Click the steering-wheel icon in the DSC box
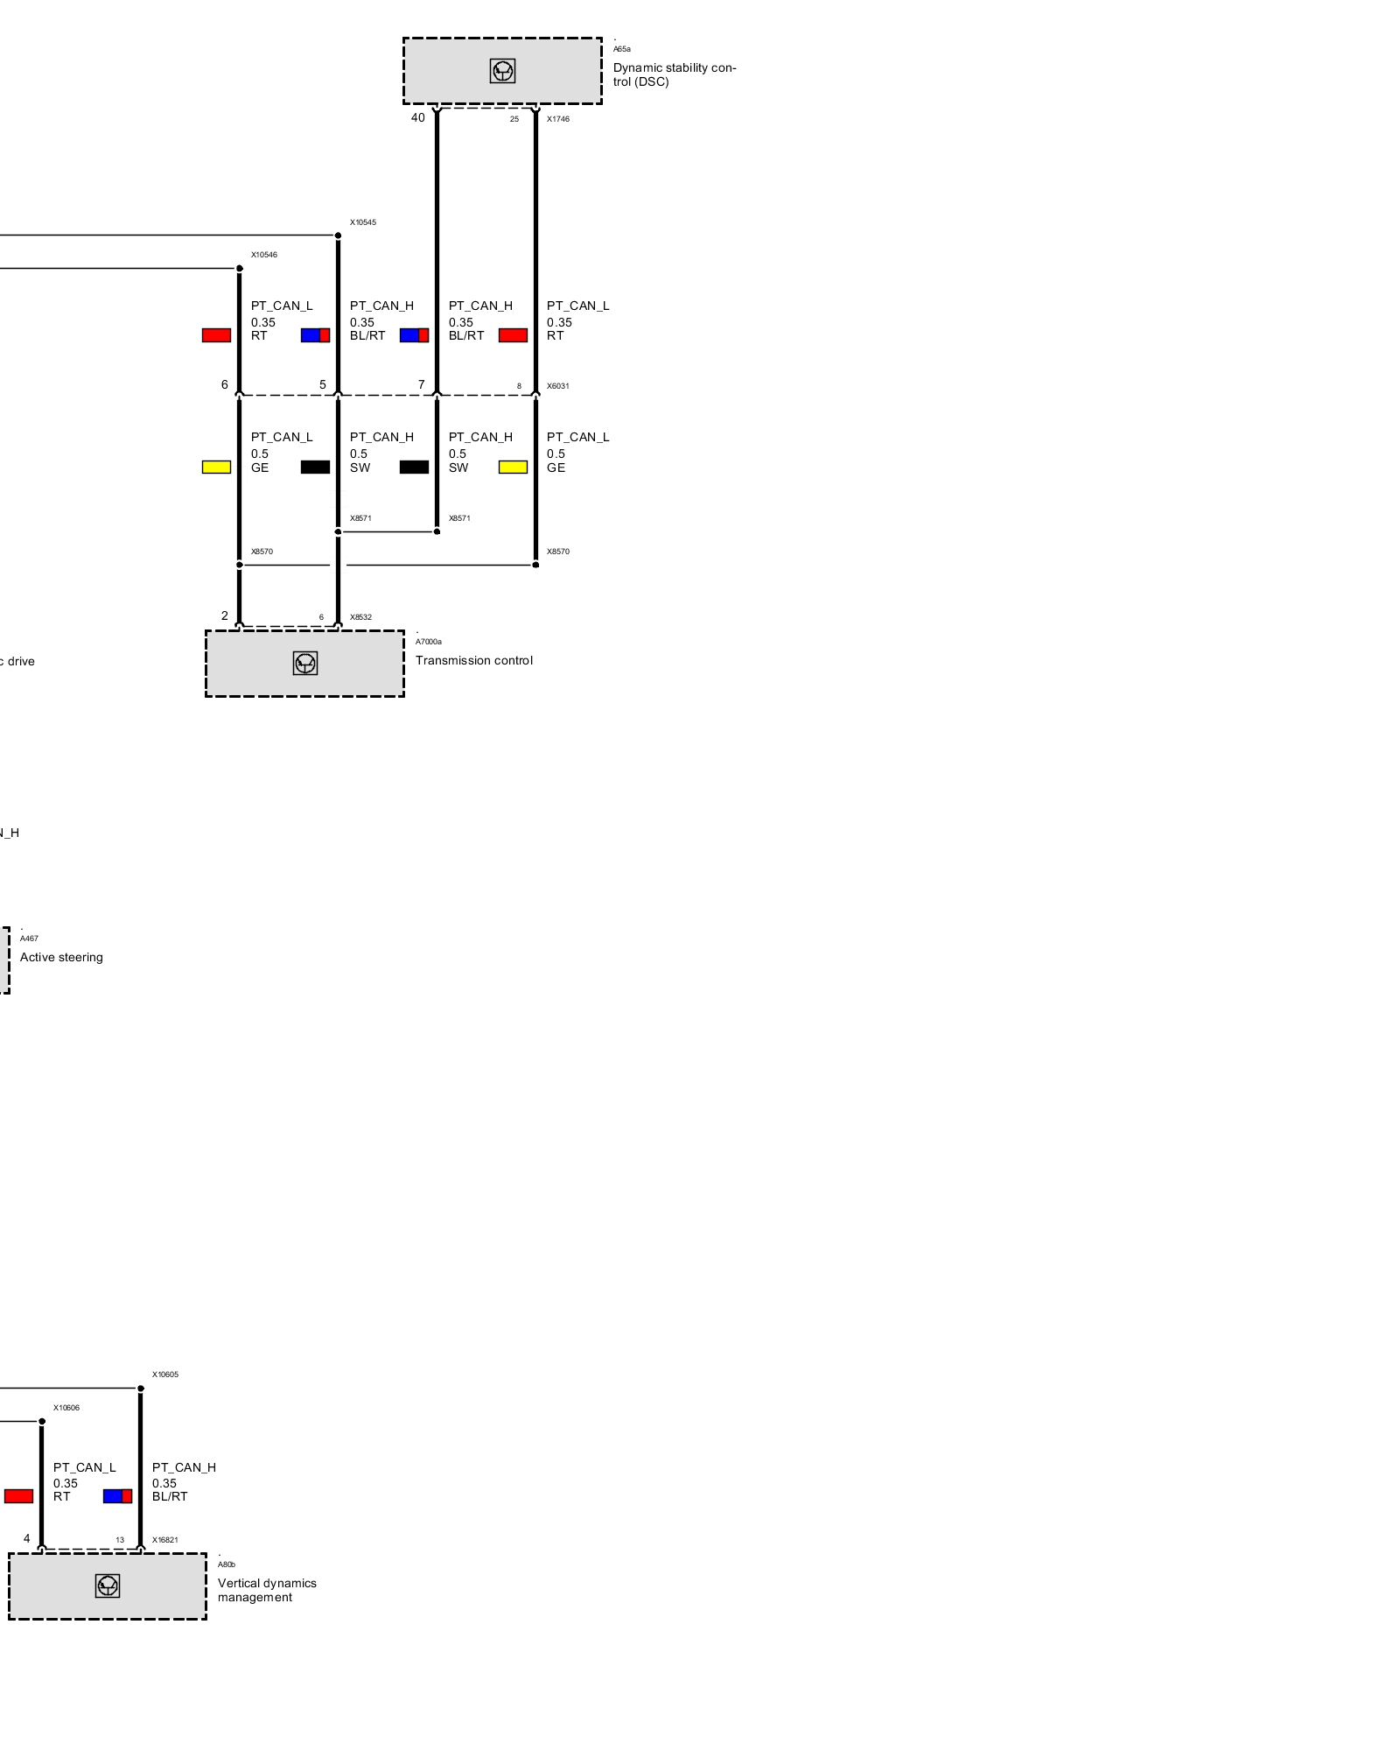pyautogui.click(x=502, y=71)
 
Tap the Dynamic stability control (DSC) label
pyautogui.click(x=674, y=74)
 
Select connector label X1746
pyautogui.click(x=557, y=119)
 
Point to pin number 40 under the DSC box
pyautogui.click(x=417, y=117)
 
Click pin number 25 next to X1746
pyautogui.click(x=514, y=119)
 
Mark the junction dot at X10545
pyautogui.click(x=338, y=236)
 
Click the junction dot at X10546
pyautogui.click(x=239, y=268)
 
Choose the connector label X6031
pyautogui.click(x=557, y=386)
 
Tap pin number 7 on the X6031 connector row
pyautogui.click(x=421, y=384)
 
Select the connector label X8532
pyautogui.click(x=360, y=617)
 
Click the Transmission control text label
pyautogui.click(x=473, y=660)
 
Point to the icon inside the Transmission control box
pyautogui.click(x=304, y=663)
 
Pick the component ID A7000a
pyautogui.click(x=428, y=642)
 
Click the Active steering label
pyautogui.click(x=61, y=957)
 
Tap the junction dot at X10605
pyautogui.click(x=140, y=1388)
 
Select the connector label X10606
pyautogui.click(x=66, y=1408)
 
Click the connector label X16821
pyautogui.click(x=164, y=1540)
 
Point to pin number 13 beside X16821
pyautogui.click(x=120, y=1540)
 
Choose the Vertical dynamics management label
pyautogui.click(x=266, y=1590)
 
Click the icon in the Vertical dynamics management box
pyautogui.click(x=107, y=1586)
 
